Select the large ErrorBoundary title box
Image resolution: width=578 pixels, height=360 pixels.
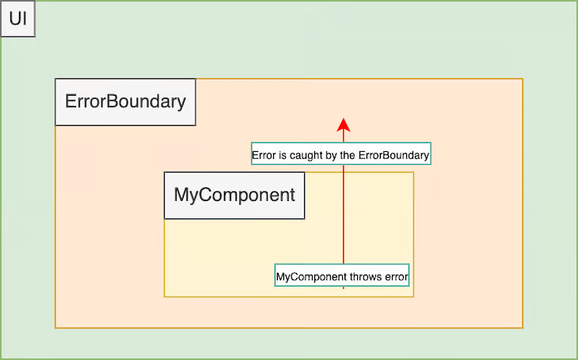click(125, 102)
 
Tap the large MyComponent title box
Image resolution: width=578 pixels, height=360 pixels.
click(234, 195)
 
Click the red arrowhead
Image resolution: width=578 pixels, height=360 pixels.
click(344, 124)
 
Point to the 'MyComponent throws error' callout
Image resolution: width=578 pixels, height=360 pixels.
click(342, 277)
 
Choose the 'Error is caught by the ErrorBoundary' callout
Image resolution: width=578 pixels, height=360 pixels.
click(340, 156)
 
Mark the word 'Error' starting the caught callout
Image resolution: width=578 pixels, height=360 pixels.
click(263, 156)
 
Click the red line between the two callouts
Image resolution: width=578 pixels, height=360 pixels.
click(344, 214)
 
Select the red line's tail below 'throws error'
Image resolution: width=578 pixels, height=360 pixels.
click(344, 287)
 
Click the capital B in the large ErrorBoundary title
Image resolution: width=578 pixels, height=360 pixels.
click(111, 102)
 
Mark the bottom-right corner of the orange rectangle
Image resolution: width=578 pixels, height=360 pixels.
click(523, 327)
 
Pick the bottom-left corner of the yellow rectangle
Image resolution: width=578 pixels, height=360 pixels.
click(165, 296)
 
